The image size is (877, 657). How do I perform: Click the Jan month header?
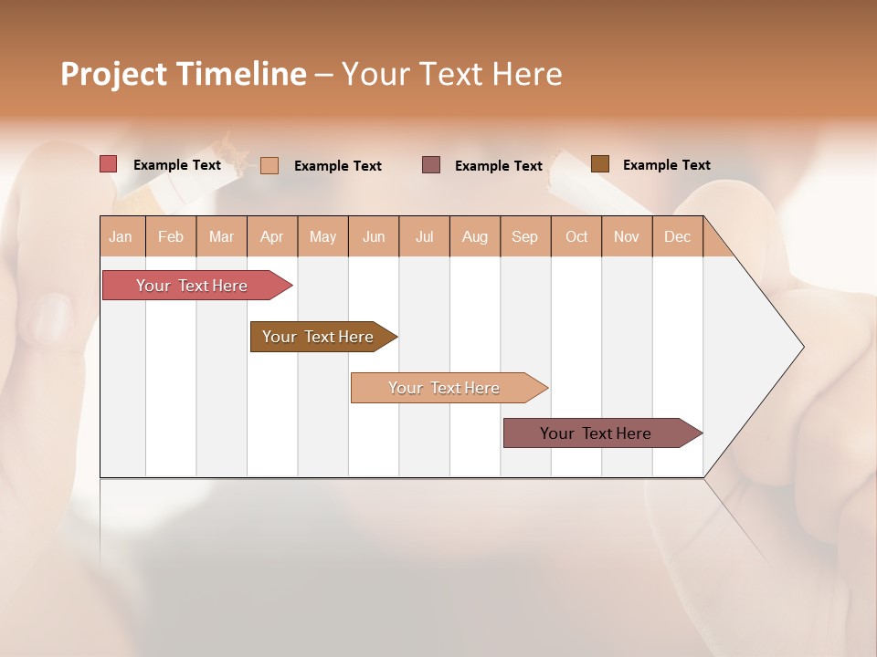[122, 237]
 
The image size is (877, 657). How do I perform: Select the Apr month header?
[272, 237]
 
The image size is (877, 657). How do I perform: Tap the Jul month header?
[425, 237]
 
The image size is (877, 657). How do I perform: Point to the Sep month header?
[525, 237]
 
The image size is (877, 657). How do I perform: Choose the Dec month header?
[678, 237]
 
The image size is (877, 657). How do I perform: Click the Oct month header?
[576, 237]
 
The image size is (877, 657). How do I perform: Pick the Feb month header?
[171, 237]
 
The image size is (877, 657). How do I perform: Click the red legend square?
[109, 164]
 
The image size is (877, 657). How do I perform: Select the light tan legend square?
[269, 165]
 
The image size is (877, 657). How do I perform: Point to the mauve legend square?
[431, 165]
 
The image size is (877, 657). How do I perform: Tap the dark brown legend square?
[600, 164]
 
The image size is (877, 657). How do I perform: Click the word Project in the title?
[113, 74]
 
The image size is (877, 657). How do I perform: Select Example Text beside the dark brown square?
[666, 165]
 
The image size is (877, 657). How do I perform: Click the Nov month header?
[627, 237]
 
